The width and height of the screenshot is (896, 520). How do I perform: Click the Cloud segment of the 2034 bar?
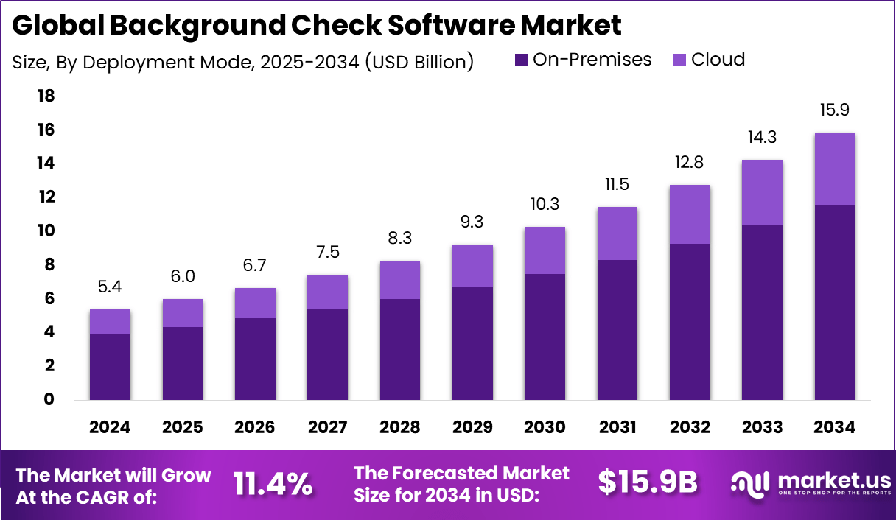point(834,169)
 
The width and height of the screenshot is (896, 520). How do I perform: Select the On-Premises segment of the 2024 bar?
point(110,367)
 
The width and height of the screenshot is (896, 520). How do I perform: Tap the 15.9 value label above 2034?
point(834,110)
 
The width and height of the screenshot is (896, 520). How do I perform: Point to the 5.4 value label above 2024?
point(110,288)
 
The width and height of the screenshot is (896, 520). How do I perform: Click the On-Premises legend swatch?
point(522,60)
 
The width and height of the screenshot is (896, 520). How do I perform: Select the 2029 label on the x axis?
point(472,428)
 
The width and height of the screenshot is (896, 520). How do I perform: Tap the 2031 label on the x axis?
point(617,428)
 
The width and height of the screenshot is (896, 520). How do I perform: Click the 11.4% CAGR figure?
point(273,484)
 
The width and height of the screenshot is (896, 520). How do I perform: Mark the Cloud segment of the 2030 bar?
point(545,250)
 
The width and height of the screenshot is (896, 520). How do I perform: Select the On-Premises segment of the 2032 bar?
point(690,322)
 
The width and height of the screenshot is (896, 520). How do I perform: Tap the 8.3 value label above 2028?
point(399,239)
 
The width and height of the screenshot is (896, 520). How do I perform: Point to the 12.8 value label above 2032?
point(690,163)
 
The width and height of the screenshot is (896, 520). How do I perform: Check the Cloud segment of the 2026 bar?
point(255,303)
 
